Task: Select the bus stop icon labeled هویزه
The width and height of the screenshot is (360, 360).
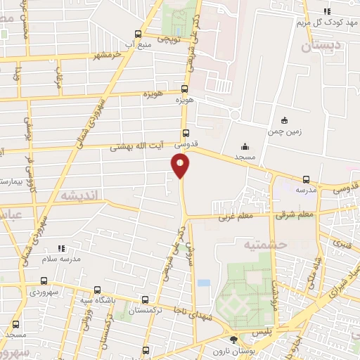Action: coord(185,89)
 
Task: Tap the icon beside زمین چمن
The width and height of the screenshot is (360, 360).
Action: coord(284,120)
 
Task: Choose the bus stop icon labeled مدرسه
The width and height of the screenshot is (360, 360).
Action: coord(306,179)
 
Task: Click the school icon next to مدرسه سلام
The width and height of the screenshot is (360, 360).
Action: coord(61,248)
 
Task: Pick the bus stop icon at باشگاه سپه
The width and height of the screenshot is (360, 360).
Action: coord(96,290)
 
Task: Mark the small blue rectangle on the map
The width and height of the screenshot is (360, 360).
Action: coord(203,283)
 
